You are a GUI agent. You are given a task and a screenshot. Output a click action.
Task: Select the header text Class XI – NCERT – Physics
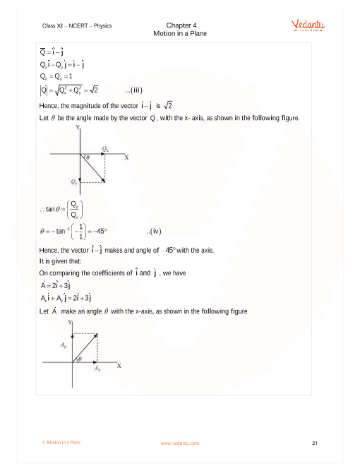77,25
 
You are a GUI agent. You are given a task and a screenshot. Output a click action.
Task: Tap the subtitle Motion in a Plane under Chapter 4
180,33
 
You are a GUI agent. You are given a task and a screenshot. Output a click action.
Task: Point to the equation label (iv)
154,230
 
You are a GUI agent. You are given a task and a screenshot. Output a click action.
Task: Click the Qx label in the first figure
106,149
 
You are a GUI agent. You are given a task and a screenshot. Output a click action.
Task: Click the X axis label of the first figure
126,157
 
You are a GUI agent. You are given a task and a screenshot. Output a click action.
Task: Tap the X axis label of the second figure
119,365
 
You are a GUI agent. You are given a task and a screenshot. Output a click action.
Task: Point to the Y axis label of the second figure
70,322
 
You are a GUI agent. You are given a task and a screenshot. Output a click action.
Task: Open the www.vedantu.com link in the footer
180,443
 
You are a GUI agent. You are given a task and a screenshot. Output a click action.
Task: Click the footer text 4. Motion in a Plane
61,443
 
